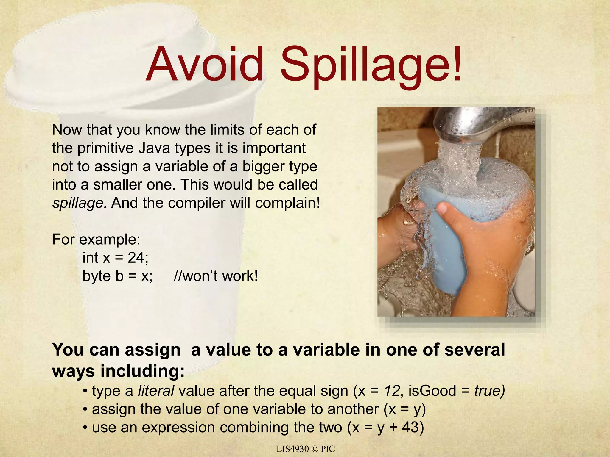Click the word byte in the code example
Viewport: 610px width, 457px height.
[x=97, y=276]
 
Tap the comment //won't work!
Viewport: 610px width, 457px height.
[x=216, y=276]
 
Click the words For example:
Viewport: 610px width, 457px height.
[x=96, y=239]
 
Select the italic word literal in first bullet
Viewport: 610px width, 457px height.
[x=156, y=391]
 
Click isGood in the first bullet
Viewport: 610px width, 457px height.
[x=432, y=391]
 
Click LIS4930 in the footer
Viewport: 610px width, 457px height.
[x=292, y=449]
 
